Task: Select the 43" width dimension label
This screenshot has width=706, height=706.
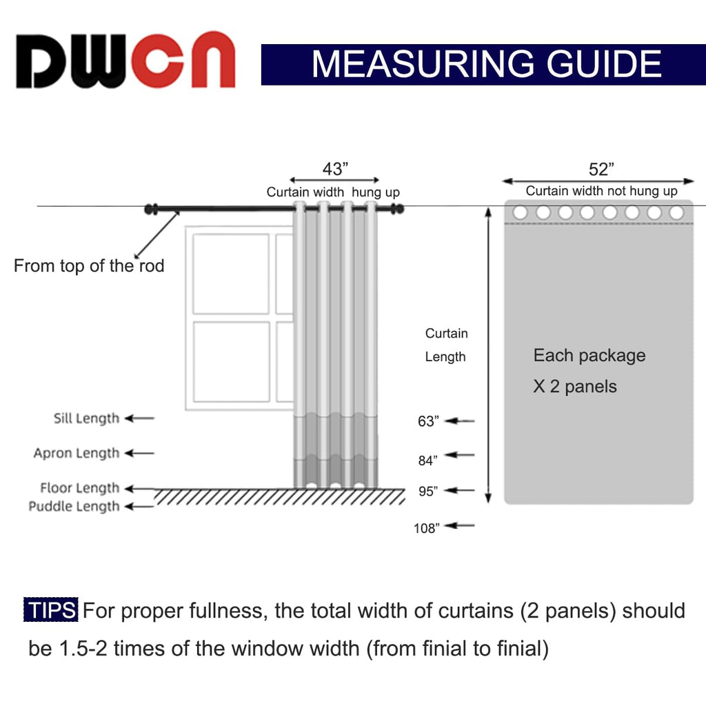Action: point(335,169)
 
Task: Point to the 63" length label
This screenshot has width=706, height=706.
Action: point(428,421)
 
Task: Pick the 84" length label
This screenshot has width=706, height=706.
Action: point(428,461)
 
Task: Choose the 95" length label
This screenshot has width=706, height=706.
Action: point(428,492)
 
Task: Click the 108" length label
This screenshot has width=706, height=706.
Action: point(426,529)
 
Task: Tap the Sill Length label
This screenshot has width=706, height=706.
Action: point(86,418)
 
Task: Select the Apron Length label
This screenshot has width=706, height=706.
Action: point(77,453)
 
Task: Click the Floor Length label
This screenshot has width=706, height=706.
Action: point(80,488)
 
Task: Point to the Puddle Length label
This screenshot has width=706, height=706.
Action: point(74,507)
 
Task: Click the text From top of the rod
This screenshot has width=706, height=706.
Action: point(89,265)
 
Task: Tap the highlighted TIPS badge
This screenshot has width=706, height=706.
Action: point(51,610)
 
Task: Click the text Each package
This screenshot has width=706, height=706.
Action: point(589,356)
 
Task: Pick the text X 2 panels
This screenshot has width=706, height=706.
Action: point(574,386)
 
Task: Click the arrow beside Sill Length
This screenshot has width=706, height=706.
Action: point(140,418)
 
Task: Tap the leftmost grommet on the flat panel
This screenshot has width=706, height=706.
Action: point(520,213)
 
